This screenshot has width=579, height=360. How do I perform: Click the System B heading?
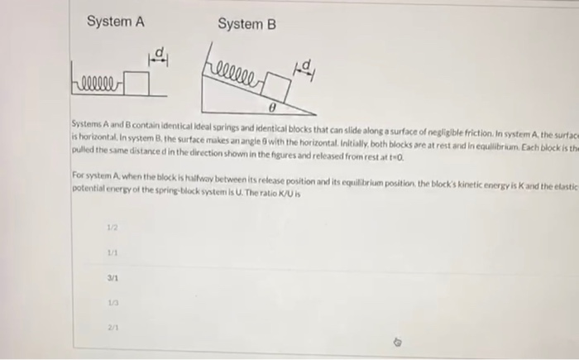pyautogui.click(x=246, y=24)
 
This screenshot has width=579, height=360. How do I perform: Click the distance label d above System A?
pyautogui.click(x=158, y=55)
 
